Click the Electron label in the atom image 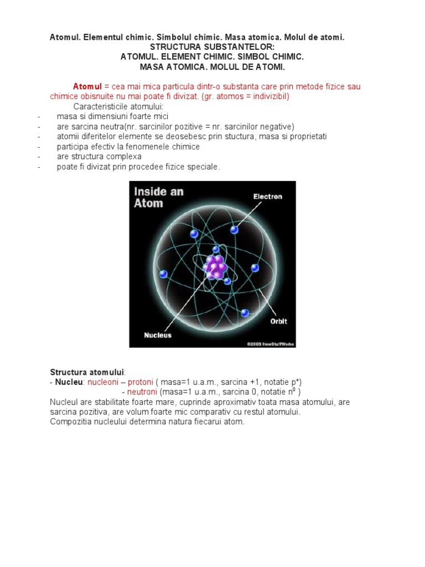(268, 197)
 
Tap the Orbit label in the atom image (278, 321)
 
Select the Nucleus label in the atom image (158, 335)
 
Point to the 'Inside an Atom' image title (158, 198)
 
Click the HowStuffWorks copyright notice (271, 344)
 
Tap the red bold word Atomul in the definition (87, 86)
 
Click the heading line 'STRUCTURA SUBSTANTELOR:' (212, 47)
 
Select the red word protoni (141, 382)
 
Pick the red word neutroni (139, 392)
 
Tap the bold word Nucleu (69, 382)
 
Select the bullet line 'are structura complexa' (99, 157)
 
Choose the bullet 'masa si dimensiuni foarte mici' (112, 116)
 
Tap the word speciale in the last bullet (204, 167)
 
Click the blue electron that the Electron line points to (234, 229)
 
